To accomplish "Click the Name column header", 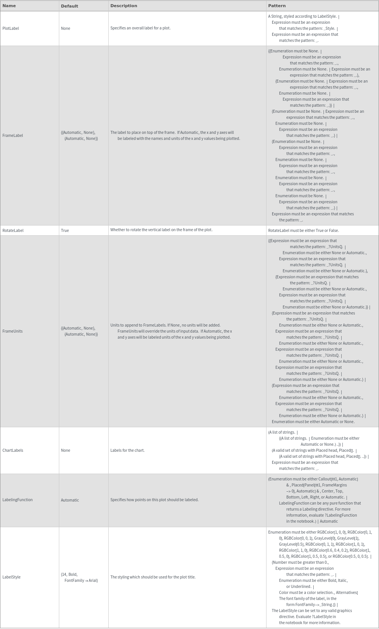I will (9, 6).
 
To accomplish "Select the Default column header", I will (69, 6).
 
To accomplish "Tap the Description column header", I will (123, 6).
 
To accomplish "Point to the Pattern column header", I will (277, 6).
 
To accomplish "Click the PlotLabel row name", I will (11, 28).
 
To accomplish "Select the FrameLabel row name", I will (12, 135).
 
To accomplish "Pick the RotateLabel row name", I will (13, 230).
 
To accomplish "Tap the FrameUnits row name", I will (12, 331).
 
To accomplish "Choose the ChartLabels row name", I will (13, 450).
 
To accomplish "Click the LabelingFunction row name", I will (17, 500).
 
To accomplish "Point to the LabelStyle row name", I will (11, 577).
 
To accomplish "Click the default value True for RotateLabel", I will (65, 230).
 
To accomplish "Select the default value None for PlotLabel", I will (65, 28).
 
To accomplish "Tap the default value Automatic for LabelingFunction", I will (70, 500).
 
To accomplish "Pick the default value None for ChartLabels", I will (65, 450).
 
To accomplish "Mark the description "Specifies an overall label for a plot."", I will (140, 28).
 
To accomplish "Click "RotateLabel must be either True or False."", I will (304, 230).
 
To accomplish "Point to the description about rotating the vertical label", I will (161, 230).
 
